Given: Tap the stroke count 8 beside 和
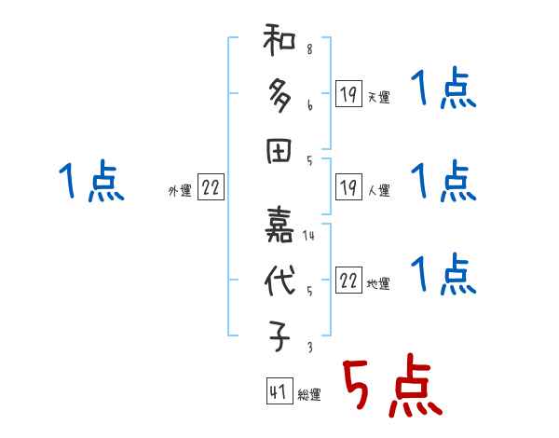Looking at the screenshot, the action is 308,49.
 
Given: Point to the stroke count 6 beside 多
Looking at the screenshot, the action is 308,105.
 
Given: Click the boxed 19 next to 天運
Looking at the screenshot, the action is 348,93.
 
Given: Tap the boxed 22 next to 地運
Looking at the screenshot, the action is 348,281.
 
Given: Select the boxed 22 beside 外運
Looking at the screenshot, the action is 210,188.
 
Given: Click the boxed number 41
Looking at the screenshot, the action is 277,392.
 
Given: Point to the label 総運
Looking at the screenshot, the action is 308,395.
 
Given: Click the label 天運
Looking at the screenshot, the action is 378,97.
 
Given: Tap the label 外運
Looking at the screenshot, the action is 179,191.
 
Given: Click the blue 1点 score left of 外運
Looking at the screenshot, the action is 90,183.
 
